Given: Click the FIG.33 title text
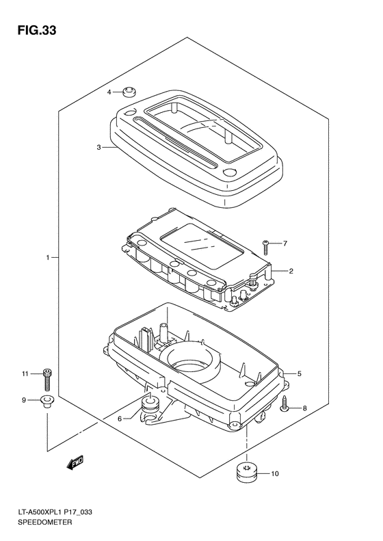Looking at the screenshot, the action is (x=37, y=31).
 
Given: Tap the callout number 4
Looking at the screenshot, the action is (x=109, y=92).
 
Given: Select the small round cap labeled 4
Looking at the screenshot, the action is (x=129, y=92).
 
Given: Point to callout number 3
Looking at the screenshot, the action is (x=99, y=148).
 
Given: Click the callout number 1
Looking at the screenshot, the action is (x=49, y=257).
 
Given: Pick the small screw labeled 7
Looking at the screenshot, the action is (x=265, y=248).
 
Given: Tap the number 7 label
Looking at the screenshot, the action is (x=285, y=243).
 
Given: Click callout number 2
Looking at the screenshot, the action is (x=291, y=272).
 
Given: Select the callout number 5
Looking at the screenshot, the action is (x=299, y=373).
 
